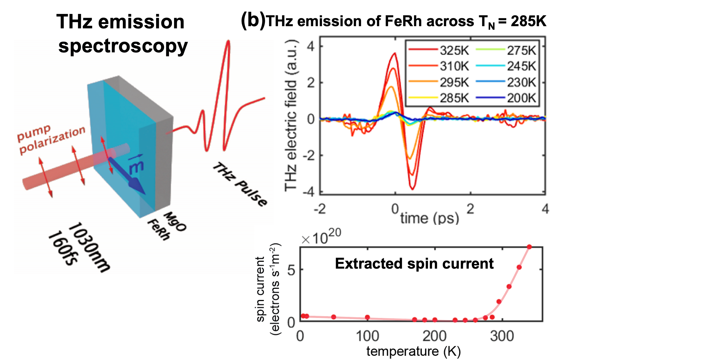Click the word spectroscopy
point(123,47)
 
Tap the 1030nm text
point(89,247)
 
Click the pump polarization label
point(51,139)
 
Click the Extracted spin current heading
point(414,263)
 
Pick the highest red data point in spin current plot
point(529,247)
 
